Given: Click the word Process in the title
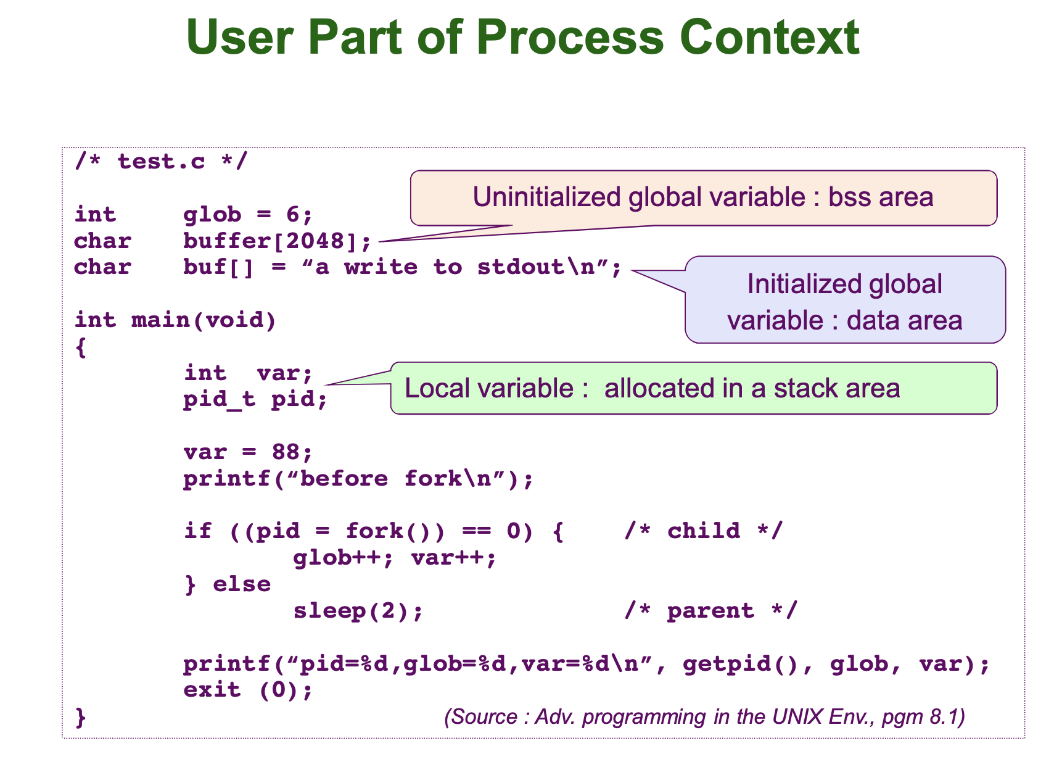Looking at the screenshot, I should tap(570, 37).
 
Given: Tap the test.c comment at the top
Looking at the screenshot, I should tap(161, 162).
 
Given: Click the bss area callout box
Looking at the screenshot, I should tap(703, 197).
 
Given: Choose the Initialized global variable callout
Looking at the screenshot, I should tap(844, 301).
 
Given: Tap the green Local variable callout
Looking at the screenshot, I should tap(693, 388).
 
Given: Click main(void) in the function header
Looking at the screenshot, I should tap(204, 320).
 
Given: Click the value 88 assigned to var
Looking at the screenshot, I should tap(286, 452).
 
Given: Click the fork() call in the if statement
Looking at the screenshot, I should tap(389, 531).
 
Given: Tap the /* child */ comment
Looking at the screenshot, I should tap(703, 531).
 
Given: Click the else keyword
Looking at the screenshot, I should tap(242, 584).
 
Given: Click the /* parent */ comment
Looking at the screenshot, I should tap(710, 611).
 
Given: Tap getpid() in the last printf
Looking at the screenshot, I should tap(741, 664).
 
